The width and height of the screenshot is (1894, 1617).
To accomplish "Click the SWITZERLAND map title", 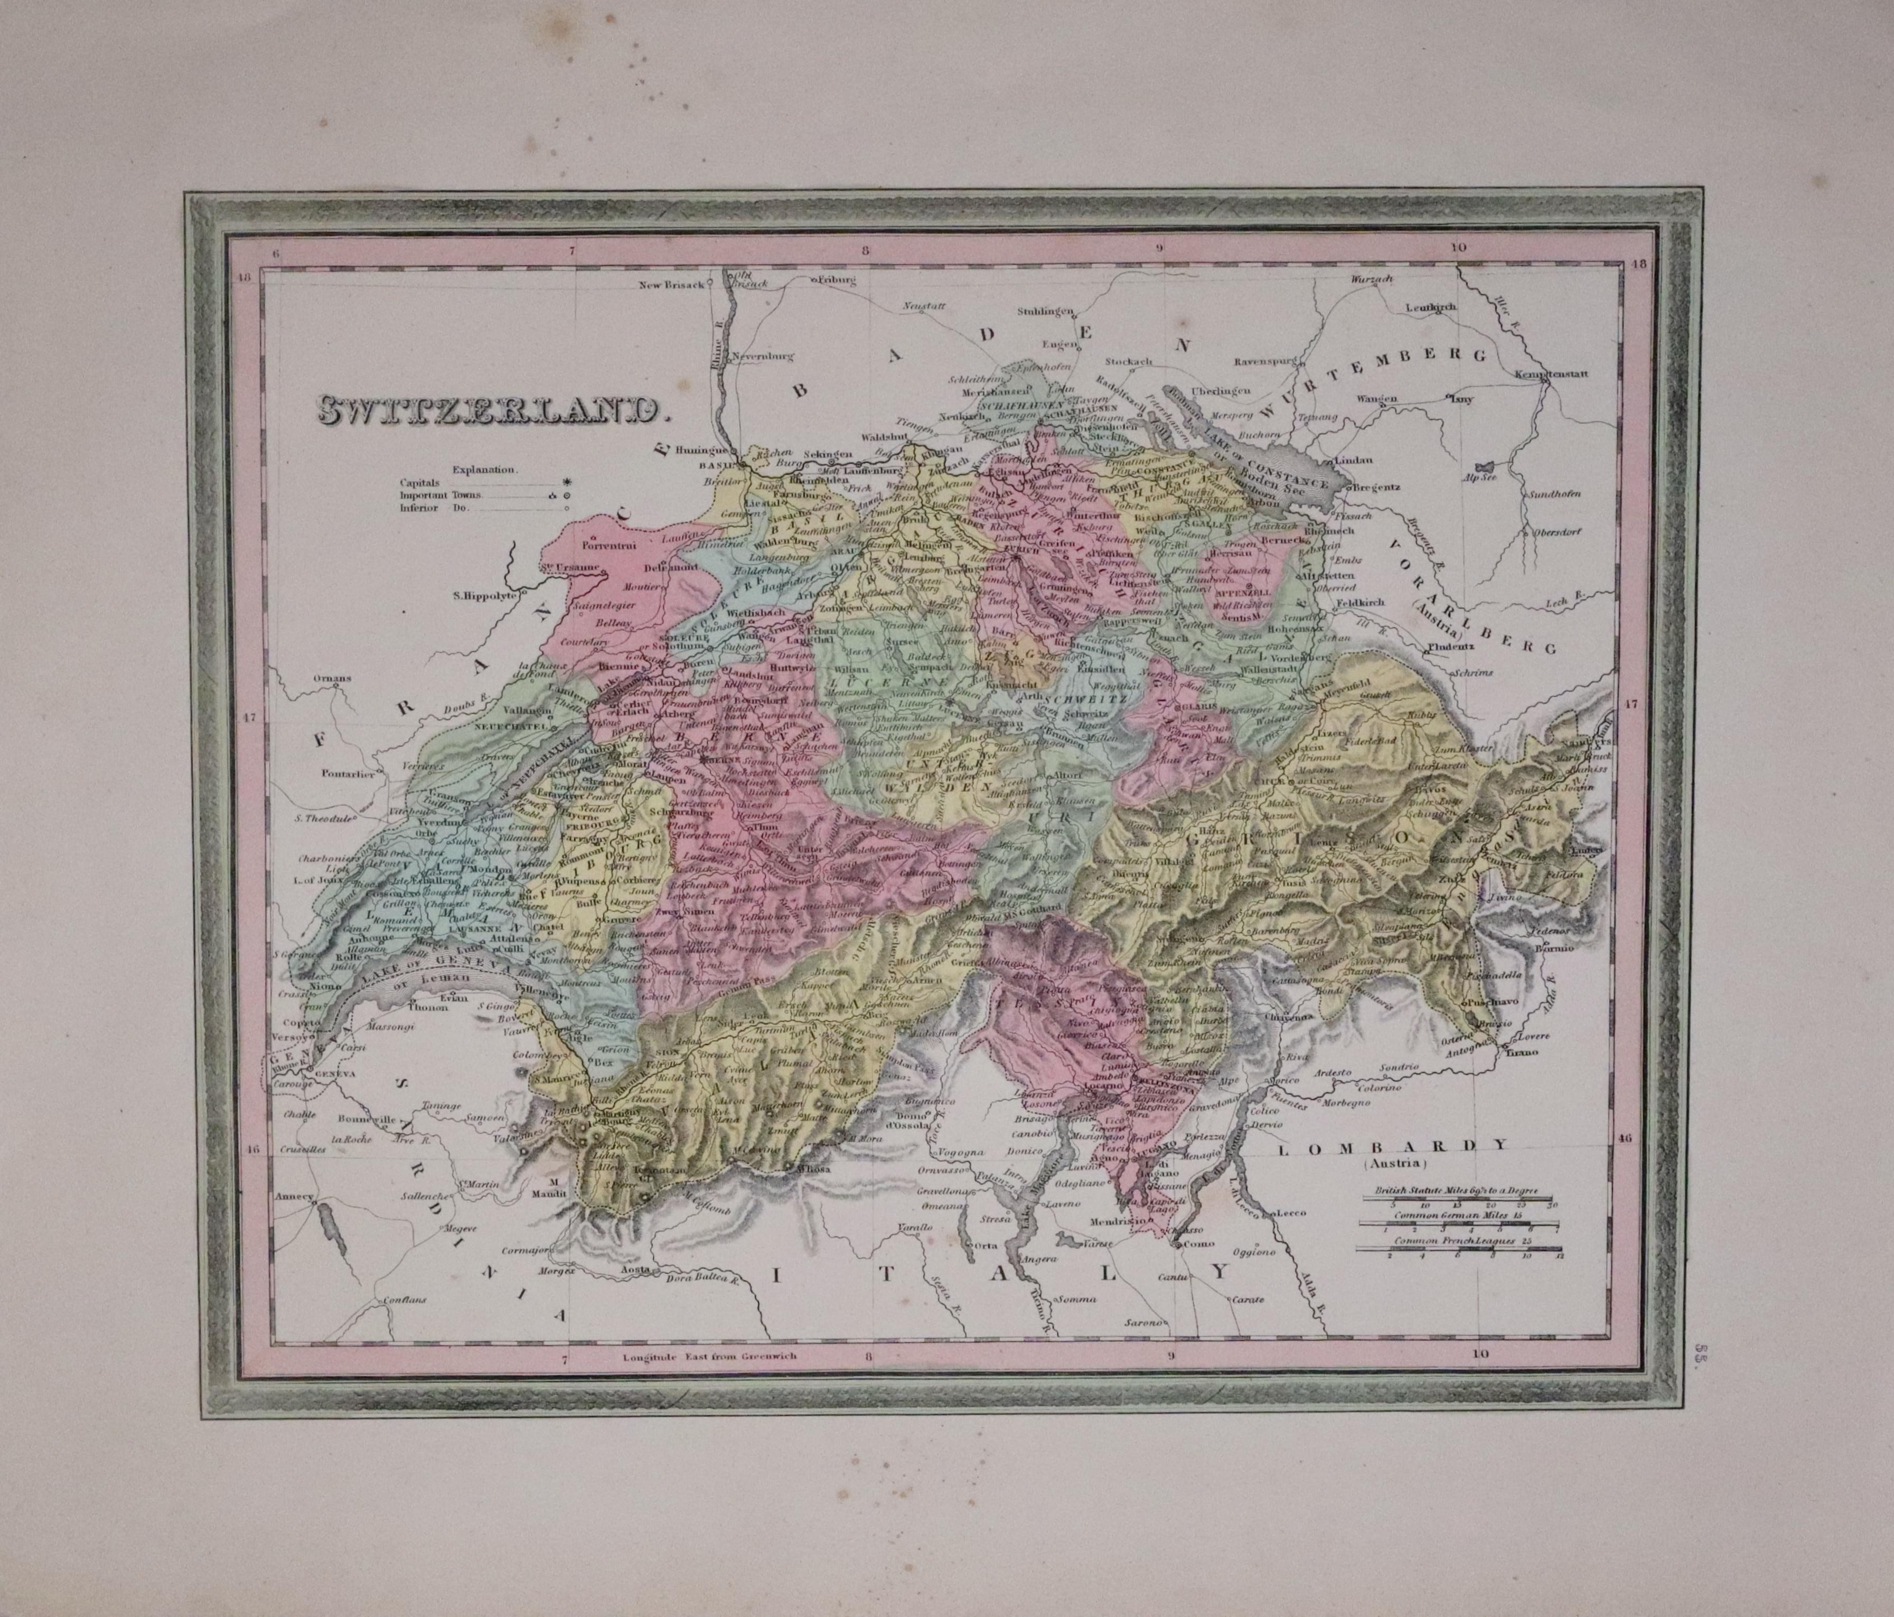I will (x=490, y=412).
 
